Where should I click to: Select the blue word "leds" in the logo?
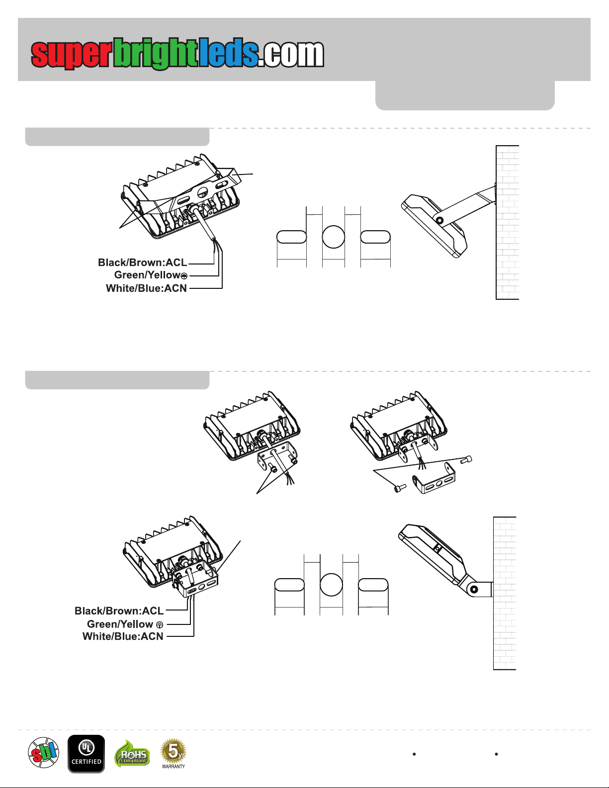(x=229, y=53)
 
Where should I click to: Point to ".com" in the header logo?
(x=291, y=54)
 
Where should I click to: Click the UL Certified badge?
(x=87, y=754)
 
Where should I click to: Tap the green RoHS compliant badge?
(x=132, y=754)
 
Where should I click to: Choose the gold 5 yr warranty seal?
(x=174, y=754)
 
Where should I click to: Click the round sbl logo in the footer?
(x=44, y=753)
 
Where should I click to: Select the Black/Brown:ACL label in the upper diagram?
(x=143, y=263)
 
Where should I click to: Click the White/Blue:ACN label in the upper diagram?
(x=147, y=288)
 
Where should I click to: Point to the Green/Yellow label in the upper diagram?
(x=147, y=275)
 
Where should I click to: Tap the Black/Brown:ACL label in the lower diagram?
(x=119, y=611)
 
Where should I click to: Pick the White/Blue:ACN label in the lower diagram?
(x=123, y=636)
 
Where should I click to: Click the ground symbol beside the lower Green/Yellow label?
(x=160, y=625)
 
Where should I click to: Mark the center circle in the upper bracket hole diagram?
(x=333, y=237)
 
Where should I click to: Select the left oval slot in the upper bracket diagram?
(x=291, y=237)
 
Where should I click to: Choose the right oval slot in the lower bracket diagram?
(x=373, y=585)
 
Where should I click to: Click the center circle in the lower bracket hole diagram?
(x=331, y=585)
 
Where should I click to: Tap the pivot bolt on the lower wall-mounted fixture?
(x=474, y=589)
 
